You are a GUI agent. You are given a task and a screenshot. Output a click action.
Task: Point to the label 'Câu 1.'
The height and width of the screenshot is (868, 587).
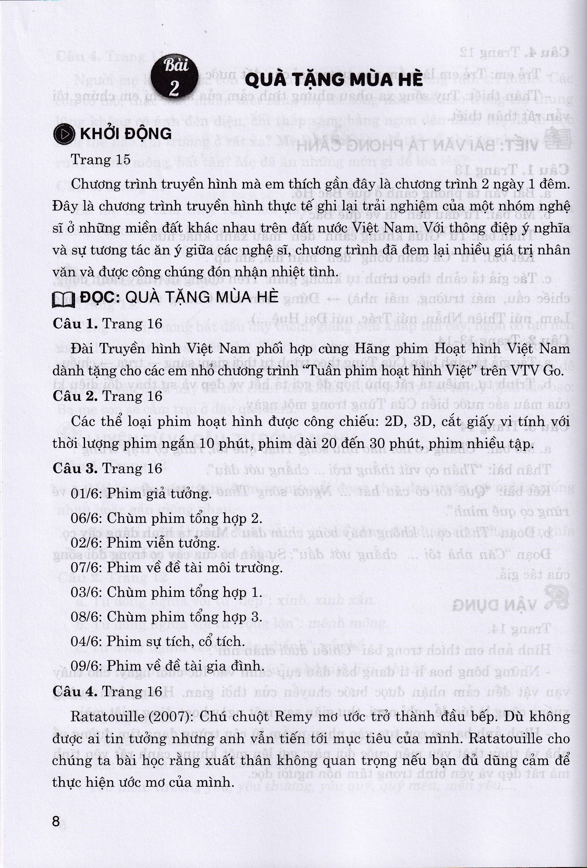(x=75, y=323)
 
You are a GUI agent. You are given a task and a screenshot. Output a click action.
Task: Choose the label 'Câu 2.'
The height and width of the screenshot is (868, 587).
(x=75, y=396)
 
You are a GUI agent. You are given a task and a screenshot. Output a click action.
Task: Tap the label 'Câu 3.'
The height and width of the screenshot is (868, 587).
(x=75, y=468)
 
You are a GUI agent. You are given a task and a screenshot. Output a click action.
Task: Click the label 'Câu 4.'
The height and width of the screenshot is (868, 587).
(x=75, y=691)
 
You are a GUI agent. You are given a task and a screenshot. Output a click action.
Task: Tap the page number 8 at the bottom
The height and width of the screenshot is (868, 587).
(x=56, y=821)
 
